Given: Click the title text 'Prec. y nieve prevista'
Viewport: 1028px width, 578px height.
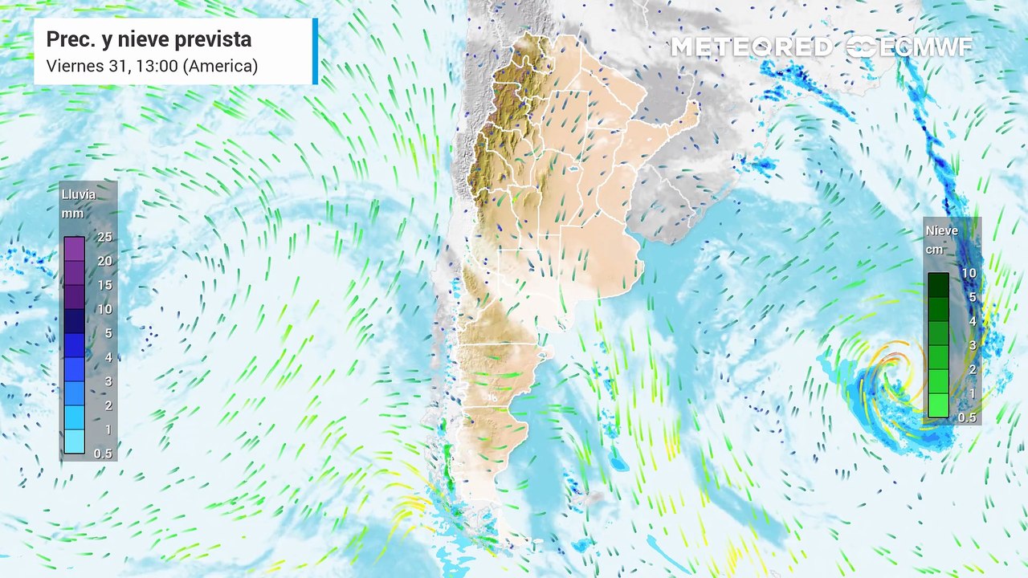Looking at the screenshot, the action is click(x=149, y=39).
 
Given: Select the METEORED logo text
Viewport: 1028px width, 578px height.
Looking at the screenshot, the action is click(x=751, y=47).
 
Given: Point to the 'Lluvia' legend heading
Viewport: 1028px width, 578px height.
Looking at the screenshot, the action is click(x=78, y=194).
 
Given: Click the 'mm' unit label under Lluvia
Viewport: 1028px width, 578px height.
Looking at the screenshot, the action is click(x=73, y=213).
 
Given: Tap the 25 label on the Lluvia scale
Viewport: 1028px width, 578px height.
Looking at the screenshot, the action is click(x=104, y=237).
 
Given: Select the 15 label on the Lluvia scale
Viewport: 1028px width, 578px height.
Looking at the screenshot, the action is click(x=104, y=285).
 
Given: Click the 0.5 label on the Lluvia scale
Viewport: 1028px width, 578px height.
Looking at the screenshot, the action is click(x=103, y=454).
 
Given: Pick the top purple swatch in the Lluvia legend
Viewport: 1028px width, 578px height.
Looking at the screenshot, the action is click(x=74, y=249).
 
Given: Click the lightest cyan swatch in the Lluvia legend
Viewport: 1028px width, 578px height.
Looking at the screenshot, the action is click(x=74, y=442).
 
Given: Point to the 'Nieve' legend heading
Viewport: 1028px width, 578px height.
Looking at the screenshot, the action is click(x=941, y=230).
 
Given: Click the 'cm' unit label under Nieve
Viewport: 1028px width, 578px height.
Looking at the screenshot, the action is click(x=935, y=249).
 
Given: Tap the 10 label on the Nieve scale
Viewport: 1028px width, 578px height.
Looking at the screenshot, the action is click(x=969, y=273).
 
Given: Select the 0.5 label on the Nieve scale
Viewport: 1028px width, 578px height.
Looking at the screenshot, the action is click(x=968, y=417).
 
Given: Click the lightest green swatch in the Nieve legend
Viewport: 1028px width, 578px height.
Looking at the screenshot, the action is click(x=938, y=405).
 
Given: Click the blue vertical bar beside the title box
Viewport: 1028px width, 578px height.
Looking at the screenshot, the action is click(x=315, y=51).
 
